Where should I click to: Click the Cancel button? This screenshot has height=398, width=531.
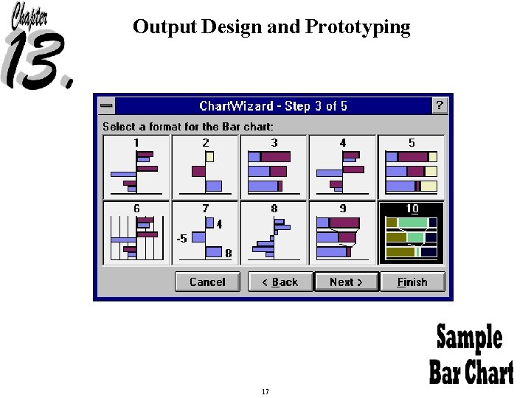(x=207, y=282)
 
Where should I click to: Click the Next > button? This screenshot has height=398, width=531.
(x=346, y=282)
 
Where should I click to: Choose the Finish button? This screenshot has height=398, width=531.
(x=412, y=282)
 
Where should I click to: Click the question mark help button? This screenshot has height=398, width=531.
(x=440, y=106)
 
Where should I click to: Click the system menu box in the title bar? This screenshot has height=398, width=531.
(x=107, y=106)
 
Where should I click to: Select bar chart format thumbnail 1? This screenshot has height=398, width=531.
(x=136, y=167)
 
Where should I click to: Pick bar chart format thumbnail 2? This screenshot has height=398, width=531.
(x=205, y=167)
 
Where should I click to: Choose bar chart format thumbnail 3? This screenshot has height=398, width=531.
(x=274, y=167)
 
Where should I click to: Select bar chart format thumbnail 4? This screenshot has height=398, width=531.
(x=342, y=167)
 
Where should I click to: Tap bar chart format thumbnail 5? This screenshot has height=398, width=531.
(x=412, y=167)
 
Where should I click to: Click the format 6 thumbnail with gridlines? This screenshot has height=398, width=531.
(x=136, y=233)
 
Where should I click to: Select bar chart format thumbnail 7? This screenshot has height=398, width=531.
(x=205, y=233)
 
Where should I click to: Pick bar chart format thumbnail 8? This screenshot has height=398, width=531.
(x=274, y=233)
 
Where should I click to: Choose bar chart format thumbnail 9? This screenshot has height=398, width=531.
(x=342, y=233)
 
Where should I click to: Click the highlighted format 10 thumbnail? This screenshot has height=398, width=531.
(x=412, y=233)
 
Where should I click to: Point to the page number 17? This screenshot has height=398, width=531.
(x=265, y=391)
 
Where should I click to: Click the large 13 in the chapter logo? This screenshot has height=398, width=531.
(x=37, y=63)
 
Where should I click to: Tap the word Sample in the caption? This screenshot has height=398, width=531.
(x=469, y=338)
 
